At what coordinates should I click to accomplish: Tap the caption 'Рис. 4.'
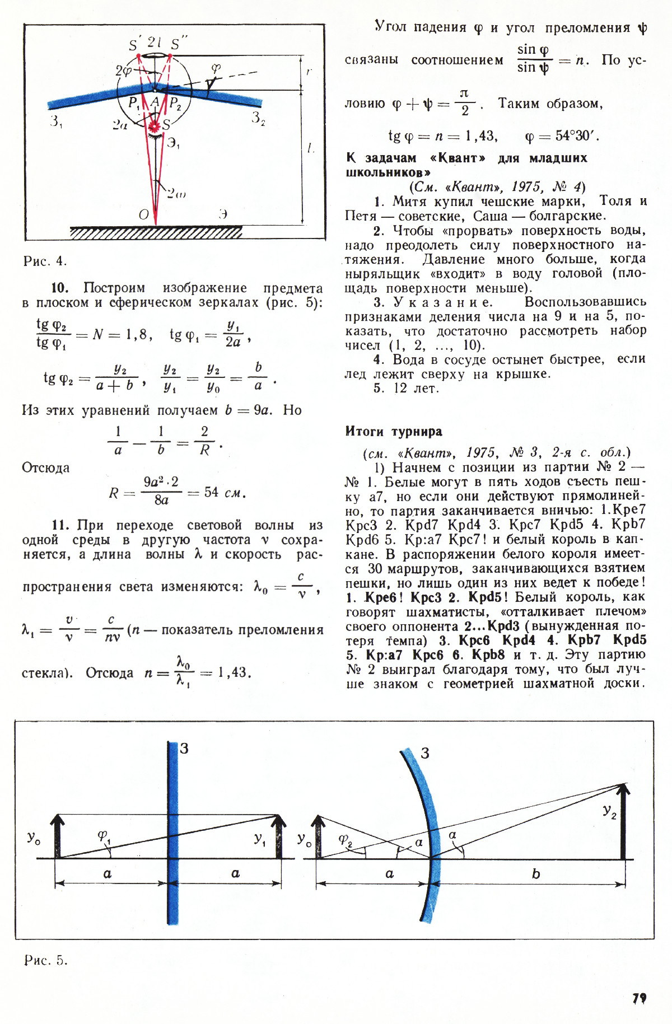(45, 261)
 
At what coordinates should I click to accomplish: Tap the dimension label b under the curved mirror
(536, 874)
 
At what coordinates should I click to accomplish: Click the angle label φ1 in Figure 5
(104, 836)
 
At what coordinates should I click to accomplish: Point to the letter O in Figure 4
(144, 214)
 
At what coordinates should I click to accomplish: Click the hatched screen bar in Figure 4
(156, 232)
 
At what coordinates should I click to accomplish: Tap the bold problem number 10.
(59, 288)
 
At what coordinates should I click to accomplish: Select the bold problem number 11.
(60, 525)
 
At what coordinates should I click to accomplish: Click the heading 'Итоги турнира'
(394, 432)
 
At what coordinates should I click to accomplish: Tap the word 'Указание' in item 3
(442, 302)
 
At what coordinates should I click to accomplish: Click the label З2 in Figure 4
(258, 118)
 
